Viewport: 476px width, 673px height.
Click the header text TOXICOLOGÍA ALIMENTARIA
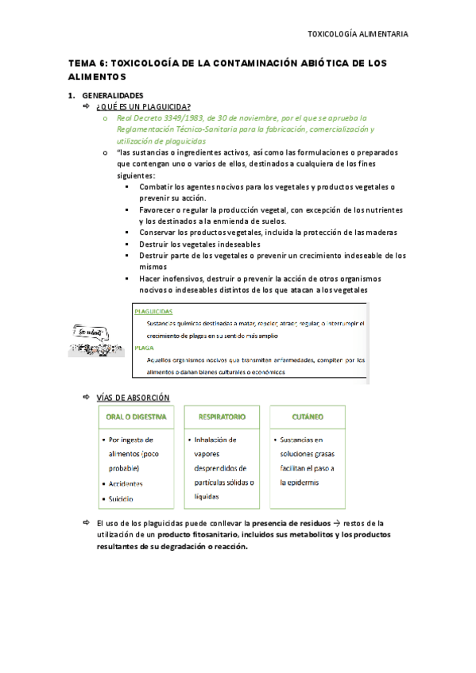click(358, 34)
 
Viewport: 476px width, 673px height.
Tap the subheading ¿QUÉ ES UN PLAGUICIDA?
click(143, 107)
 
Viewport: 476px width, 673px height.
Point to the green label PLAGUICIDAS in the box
click(153, 311)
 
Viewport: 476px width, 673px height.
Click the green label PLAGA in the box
click(144, 348)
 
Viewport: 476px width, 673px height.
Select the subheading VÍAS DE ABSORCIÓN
click(132, 397)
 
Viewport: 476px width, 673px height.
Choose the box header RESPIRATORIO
click(222, 417)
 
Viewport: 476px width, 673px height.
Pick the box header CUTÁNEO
click(307, 417)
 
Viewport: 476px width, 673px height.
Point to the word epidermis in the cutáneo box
click(299, 483)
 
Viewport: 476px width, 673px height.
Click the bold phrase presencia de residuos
click(293, 523)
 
